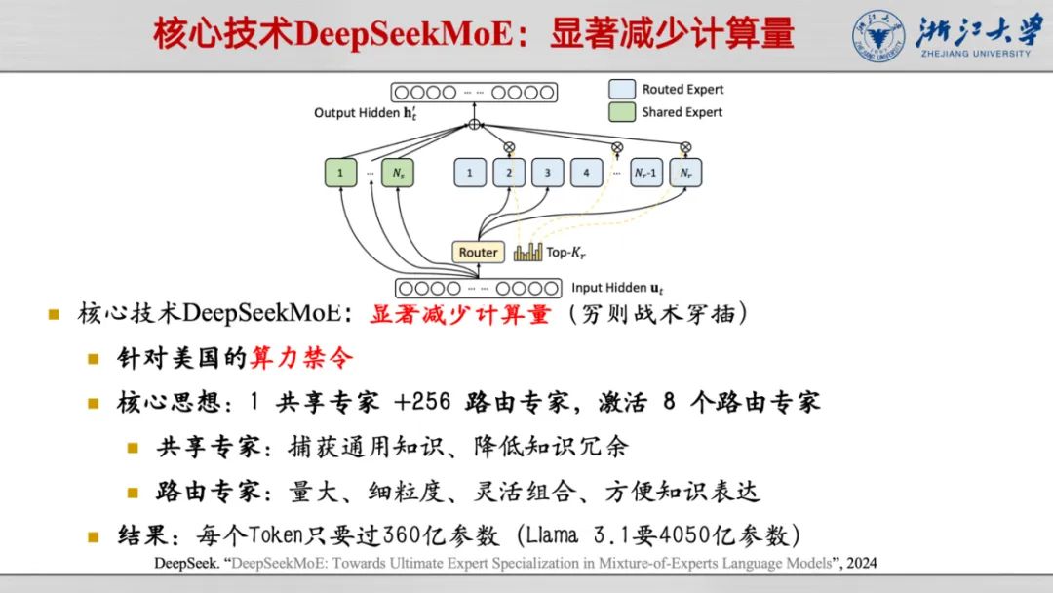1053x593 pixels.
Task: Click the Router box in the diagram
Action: click(478, 252)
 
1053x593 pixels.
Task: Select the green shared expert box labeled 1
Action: click(340, 174)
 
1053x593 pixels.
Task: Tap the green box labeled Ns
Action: click(398, 174)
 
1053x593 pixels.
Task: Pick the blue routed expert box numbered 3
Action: click(547, 174)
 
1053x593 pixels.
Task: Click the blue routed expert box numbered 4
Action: click(586, 174)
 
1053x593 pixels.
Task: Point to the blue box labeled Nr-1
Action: click(645, 174)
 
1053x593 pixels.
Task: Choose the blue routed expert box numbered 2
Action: click(508, 174)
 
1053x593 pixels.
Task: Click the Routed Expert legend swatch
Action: click(622, 89)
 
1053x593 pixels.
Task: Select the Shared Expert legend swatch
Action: click(622, 112)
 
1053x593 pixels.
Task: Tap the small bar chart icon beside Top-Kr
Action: click(527, 252)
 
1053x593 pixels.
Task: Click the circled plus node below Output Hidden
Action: click(475, 125)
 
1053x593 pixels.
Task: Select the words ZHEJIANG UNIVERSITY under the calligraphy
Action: click(974, 53)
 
